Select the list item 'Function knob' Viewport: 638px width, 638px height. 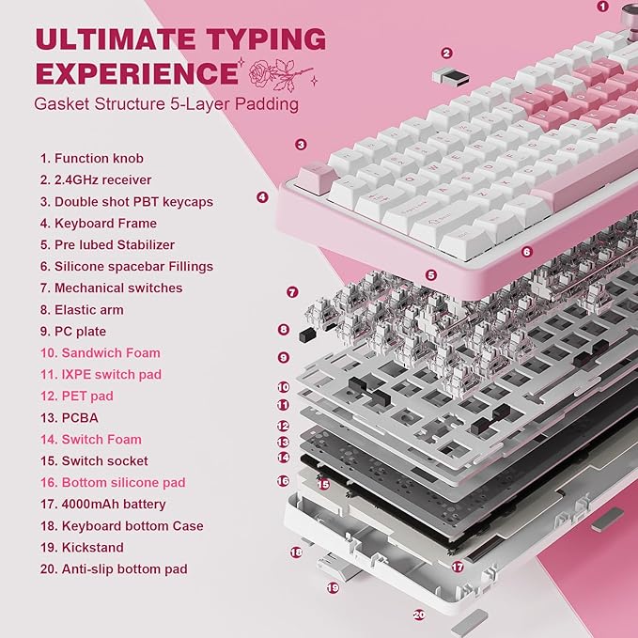coord(92,159)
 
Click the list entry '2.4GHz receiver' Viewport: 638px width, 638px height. coord(95,179)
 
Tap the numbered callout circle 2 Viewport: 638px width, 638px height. coord(446,54)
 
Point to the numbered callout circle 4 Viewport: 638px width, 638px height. coord(262,197)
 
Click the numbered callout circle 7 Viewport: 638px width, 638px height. coord(292,292)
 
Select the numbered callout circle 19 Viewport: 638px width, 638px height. coord(333,587)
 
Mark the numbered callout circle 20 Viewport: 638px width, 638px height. coord(419,615)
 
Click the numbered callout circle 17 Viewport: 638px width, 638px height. coord(457,567)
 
